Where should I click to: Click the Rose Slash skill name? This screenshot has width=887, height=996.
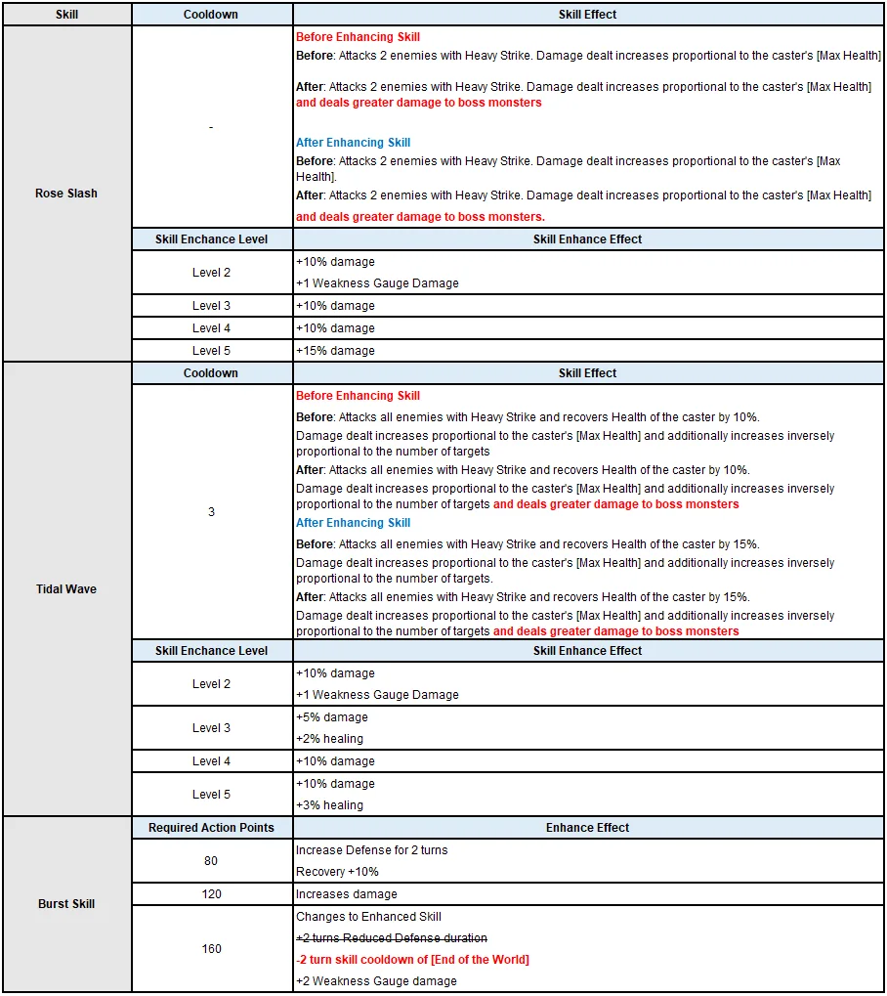tap(66, 194)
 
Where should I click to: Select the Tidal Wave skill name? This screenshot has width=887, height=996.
tap(66, 589)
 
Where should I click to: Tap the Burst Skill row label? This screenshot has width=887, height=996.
tap(66, 904)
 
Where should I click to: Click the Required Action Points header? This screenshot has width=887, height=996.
tap(211, 828)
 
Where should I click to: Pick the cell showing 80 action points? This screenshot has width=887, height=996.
tap(211, 861)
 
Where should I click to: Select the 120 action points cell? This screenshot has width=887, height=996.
tap(211, 894)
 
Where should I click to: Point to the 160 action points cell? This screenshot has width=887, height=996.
tap(211, 949)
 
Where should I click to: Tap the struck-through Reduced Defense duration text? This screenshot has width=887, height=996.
tap(392, 938)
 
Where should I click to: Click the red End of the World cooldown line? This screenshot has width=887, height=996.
tap(412, 960)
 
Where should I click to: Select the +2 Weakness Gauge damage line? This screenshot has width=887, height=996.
tap(376, 981)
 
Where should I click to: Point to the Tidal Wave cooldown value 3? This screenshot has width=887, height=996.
tap(211, 512)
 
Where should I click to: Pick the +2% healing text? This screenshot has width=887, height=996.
tap(329, 739)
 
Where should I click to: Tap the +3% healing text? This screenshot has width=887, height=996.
tap(329, 805)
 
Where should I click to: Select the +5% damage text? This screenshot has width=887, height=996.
tap(332, 717)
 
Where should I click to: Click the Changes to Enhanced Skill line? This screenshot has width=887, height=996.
tap(368, 917)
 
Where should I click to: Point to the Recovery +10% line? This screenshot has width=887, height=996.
tap(337, 872)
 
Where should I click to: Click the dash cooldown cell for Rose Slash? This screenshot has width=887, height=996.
tap(211, 127)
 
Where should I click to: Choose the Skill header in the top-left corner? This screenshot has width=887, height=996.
tap(66, 15)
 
